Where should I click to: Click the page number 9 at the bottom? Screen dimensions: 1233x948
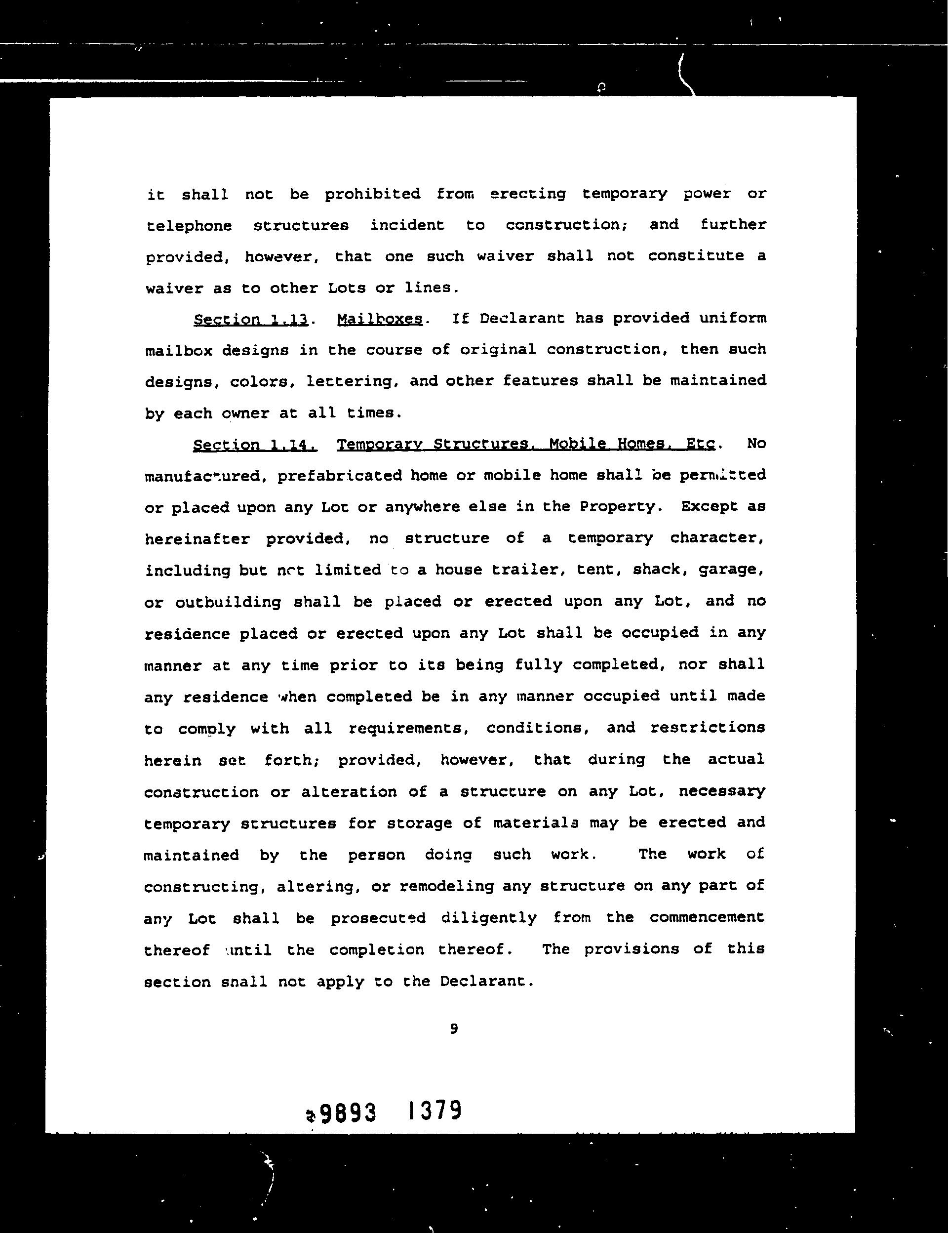click(454, 1028)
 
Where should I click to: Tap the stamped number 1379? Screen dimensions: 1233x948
click(434, 1110)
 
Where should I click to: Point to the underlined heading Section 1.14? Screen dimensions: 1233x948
click(254, 445)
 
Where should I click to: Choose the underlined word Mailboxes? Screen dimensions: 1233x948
click(379, 319)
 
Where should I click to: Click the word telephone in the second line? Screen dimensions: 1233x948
click(189, 226)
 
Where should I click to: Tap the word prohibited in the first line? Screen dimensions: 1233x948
click(372, 194)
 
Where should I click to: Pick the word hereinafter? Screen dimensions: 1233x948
click(197, 538)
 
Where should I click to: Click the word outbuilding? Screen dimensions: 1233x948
click(228, 602)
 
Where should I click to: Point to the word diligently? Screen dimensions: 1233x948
click(488, 917)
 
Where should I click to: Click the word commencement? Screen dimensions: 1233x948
click(707, 917)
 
